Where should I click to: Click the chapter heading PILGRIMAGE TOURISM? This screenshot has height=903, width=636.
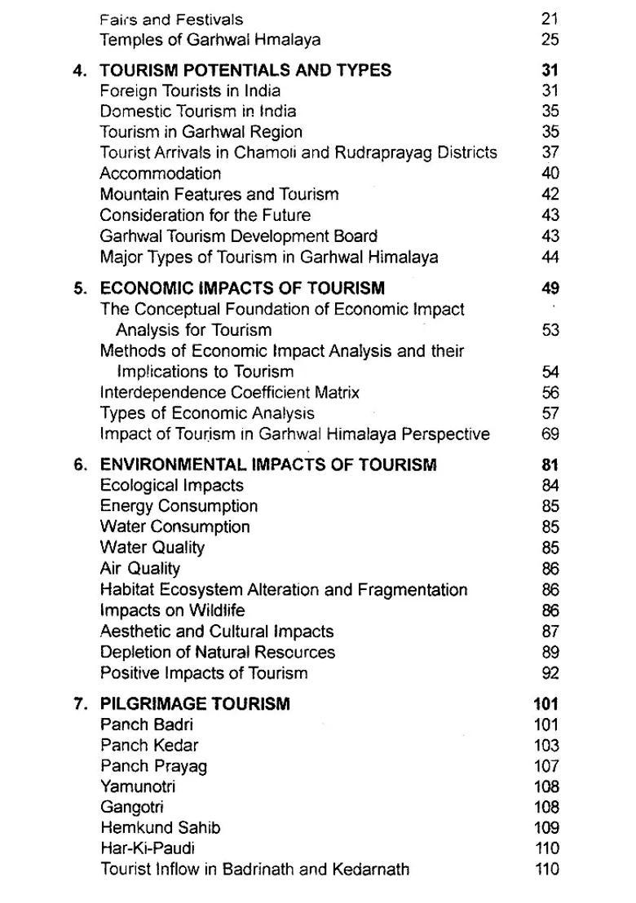point(195,703)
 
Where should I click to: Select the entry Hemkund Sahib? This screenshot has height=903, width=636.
point(160,827)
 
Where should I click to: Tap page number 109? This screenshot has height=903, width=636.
point(547,827)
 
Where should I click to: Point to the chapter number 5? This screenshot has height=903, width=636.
point(79,288)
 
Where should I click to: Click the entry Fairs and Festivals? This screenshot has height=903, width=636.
point(171,19)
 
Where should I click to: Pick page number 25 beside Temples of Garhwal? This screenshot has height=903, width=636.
point(549,39)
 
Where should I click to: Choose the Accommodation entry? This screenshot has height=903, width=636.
point(160,173)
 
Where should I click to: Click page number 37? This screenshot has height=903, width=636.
point(550,152)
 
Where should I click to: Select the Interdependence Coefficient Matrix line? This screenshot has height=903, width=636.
point(229,392)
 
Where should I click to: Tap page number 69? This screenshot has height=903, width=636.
point(550,434)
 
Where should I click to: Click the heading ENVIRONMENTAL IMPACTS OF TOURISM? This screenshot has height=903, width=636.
point(267,465)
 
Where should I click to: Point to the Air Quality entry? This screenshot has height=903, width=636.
point(139,568)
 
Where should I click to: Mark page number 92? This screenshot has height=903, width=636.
point(550,672)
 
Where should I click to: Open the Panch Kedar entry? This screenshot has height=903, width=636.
point(149,745)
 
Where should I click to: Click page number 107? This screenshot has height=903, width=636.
point(547,765)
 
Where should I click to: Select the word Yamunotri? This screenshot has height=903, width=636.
point(138,786)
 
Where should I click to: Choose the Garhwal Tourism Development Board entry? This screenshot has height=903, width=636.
point(238,236)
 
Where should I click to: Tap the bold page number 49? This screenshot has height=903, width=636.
point(550,288)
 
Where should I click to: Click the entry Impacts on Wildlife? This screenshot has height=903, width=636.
point(172,610)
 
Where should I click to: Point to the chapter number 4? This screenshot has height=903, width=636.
point(79,70)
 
